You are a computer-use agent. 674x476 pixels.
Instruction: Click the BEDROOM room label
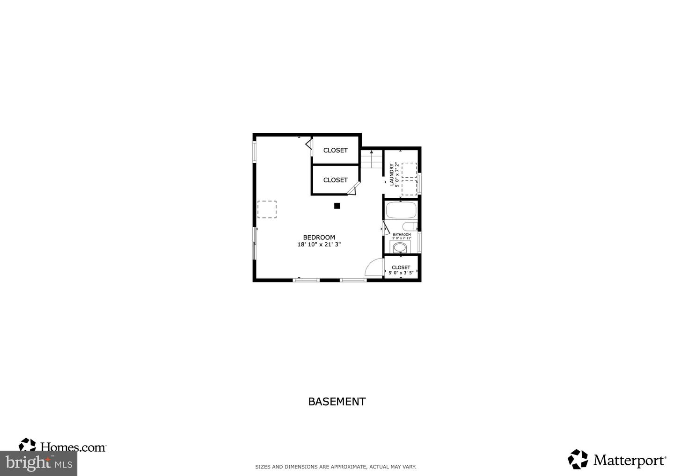(x=319, y=237)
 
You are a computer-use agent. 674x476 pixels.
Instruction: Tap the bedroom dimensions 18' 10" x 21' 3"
(x=319, y=245)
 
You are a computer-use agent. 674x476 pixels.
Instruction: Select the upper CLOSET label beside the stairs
(x=335, y=150)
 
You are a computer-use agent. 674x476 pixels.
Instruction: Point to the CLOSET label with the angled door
(x=335, y=180)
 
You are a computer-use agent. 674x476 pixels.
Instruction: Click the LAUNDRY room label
(x=392, y=174)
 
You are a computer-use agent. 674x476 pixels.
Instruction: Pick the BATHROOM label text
(x=402, y=235)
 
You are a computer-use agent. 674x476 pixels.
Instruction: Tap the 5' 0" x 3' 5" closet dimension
(x=401, y=273)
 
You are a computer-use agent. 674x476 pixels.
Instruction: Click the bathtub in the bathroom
(x=401, y=210)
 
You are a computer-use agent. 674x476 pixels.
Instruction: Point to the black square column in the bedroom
(x=337, y=206)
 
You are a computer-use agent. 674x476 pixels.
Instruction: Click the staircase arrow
(x=372, y=153)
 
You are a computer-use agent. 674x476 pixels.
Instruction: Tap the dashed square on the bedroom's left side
(x=267, y=209)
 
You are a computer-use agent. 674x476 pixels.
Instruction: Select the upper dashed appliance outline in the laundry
(x=409, y=170)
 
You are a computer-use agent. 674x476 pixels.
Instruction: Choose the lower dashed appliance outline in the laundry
(x=409, y=187)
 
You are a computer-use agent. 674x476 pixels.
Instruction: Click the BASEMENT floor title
(x=337, y=402)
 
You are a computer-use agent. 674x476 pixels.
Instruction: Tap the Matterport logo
(x=617, y=460)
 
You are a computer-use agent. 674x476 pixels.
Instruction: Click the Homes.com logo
(x=62, y=447)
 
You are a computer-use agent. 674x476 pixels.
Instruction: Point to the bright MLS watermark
(x=38, y=463)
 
